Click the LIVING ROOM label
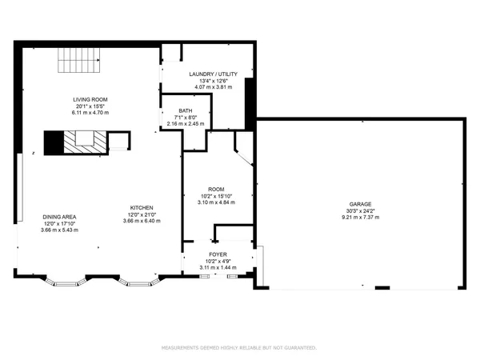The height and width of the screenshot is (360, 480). [x=90, y=99]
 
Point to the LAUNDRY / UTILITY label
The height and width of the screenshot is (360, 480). [x=214, y=74]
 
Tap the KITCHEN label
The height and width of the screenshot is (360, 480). [x=142, y=208]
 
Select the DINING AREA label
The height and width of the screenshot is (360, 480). [x=59, y=217]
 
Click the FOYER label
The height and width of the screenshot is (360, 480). [x=218, y=254]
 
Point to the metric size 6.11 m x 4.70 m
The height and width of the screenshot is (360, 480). [x=90, y=113]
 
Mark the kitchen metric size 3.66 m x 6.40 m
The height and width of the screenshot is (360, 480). [x=142, y=221]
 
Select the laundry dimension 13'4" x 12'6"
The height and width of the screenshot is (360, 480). [x=214, y=81]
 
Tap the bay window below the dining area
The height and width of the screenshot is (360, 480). [x=63, y=282]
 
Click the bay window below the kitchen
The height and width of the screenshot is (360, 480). [x=138, y=282]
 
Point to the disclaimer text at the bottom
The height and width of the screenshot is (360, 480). [x=239, y=348]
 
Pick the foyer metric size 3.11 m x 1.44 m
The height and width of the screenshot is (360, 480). [x=218, y=266]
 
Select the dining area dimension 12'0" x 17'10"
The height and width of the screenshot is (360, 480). [x=59, y=223]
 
